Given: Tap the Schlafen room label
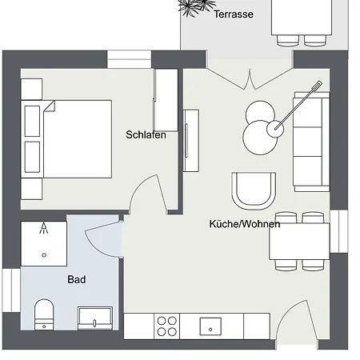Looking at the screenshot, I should tap(146, 134).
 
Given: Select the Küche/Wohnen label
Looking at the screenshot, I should tap(245, 224).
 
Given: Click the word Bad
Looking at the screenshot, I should tap(77, 280).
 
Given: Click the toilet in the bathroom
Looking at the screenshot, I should tap(44, 314).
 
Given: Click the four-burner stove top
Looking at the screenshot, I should tap(167, 326).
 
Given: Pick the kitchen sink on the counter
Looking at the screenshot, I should tap(210, 326).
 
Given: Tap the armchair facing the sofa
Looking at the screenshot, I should tap(252, 190).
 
